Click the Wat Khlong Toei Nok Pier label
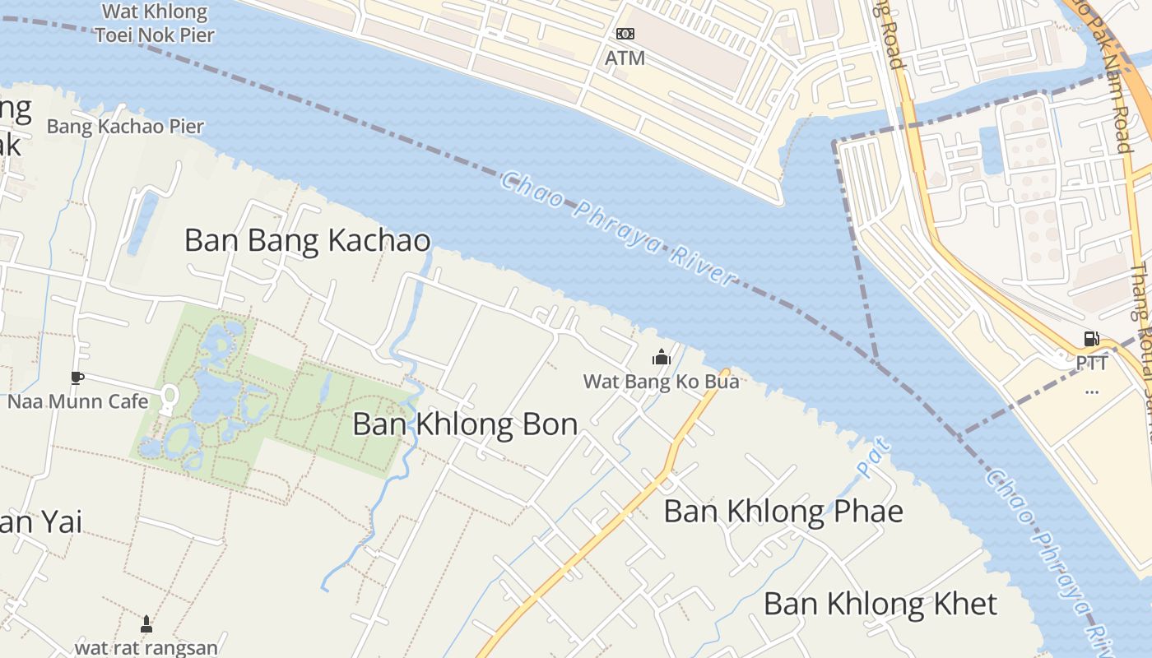point(154,23)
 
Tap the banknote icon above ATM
point(625,34)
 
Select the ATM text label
point(625,58)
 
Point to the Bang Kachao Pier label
point(125,127)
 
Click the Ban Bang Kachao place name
point(307,241)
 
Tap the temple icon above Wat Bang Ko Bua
point(661,358)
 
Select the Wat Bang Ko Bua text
point(661,382)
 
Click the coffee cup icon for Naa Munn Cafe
point(77,378)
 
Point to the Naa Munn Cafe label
point(78,401)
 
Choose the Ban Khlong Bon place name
point(465,424)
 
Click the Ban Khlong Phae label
point(783,512)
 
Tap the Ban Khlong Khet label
point(880,604)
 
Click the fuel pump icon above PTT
point(1092,339)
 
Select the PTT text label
point(1092,363)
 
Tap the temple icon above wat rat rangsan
point(146,624)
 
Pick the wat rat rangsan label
point(146,647)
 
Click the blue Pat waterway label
point(874,458)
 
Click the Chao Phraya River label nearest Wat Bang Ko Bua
point(617,229)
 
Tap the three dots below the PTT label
point(1092,391)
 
